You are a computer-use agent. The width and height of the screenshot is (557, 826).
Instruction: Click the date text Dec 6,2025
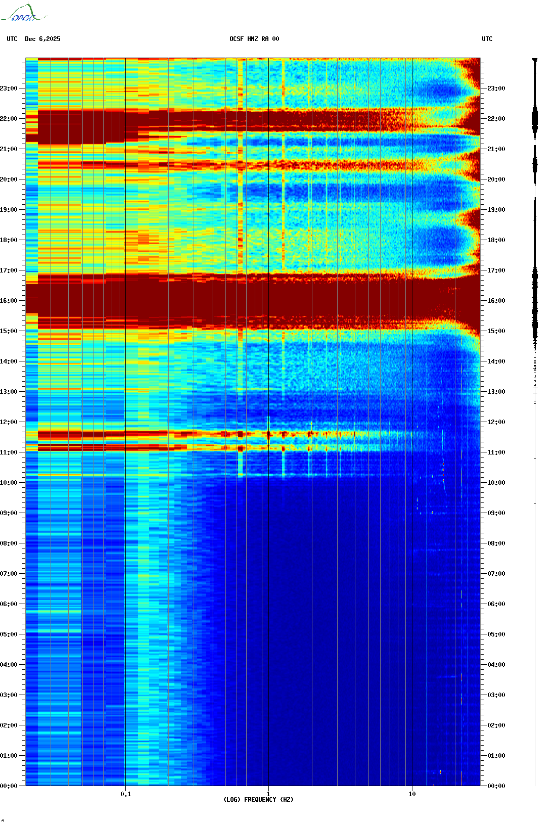click(x=42, y=39)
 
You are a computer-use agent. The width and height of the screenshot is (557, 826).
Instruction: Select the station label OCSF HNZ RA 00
click(x=254, y=39)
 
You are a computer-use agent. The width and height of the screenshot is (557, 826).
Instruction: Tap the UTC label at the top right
click(x=487, y=39)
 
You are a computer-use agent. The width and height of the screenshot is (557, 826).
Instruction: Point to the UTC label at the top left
click(x=12, y=39)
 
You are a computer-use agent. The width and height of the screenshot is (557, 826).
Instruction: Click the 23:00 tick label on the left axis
click(x=9, y=88)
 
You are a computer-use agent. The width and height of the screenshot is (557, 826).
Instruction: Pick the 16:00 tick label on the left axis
click(x=9, y=301)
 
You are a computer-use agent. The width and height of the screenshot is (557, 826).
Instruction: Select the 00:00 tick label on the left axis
click(x=9, y=786)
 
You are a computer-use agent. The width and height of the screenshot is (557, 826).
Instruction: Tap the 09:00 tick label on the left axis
click(x=9, y=513)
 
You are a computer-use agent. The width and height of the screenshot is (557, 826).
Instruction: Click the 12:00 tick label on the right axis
click(x=496, y=422)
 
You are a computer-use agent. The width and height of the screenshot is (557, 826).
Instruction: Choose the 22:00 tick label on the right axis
click(x=496, y=119)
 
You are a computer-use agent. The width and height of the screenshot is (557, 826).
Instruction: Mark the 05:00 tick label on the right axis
click(x=496, y=634)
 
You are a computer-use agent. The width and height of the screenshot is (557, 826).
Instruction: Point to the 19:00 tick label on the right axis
click(x=496, y=210)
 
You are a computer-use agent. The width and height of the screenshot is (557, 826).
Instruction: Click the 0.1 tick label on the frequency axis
click(x=125, y=794)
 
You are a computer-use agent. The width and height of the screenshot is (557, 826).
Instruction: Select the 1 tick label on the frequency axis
click(x=268, y=794)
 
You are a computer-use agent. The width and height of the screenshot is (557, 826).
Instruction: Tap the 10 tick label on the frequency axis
click(x=412, y=794)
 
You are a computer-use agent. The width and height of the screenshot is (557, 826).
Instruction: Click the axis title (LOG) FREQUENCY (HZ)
click(x=258, y=800)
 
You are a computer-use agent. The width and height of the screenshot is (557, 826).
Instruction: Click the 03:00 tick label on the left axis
click(x=9, y=695)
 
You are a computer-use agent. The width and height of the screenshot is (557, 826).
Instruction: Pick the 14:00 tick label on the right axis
click(x=496, y=361)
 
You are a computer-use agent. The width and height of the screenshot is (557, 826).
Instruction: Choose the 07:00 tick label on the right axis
click(x=496, y=574)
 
